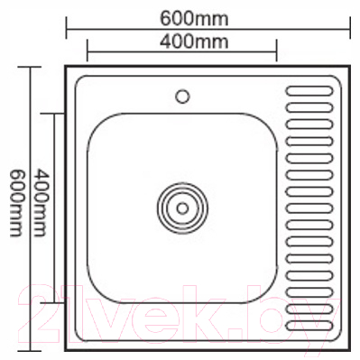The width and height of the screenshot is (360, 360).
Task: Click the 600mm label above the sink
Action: click(208, 15)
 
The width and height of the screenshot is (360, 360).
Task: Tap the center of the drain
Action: click(182, 207)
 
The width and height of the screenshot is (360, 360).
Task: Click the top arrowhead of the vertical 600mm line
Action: click(30, 68)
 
